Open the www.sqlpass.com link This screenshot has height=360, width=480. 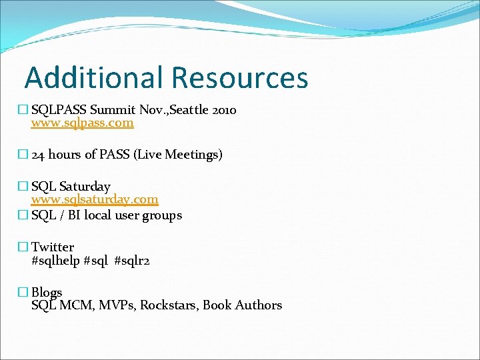point(82,123)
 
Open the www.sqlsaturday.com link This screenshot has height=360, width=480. point(95,199)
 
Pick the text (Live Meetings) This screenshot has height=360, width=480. point(178,155)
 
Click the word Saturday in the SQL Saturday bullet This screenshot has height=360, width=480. point(85,186)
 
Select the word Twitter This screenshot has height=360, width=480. point(53,247)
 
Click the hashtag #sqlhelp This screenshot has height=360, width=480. point(55,261)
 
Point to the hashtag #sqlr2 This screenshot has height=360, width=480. point(132,261)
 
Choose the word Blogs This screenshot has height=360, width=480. point(47,293)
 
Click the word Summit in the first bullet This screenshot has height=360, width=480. point(111,110)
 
